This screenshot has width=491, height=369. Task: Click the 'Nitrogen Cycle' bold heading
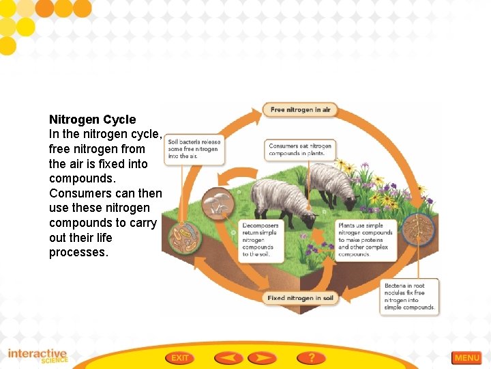pos(92,120)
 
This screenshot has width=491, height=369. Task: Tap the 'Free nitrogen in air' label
pos(300,109)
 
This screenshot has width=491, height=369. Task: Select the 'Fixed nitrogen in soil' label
pos(300,298)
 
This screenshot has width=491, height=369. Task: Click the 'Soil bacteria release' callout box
pos(195,148)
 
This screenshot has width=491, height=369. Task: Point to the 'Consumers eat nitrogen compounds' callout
pos(300,149)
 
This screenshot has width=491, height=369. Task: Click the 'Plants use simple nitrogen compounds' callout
pos(366,240)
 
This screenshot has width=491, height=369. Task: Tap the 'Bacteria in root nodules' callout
pos(409,297)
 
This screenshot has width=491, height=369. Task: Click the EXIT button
pos(180,357)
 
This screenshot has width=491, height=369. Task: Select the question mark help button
pos(311,357)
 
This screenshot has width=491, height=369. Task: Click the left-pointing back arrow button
pos(228,357)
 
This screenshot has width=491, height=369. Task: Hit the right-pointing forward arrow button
pos(261,357)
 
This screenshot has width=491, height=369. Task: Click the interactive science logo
pos(38,355)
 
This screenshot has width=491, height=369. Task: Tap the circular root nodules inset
pos(417,230)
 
